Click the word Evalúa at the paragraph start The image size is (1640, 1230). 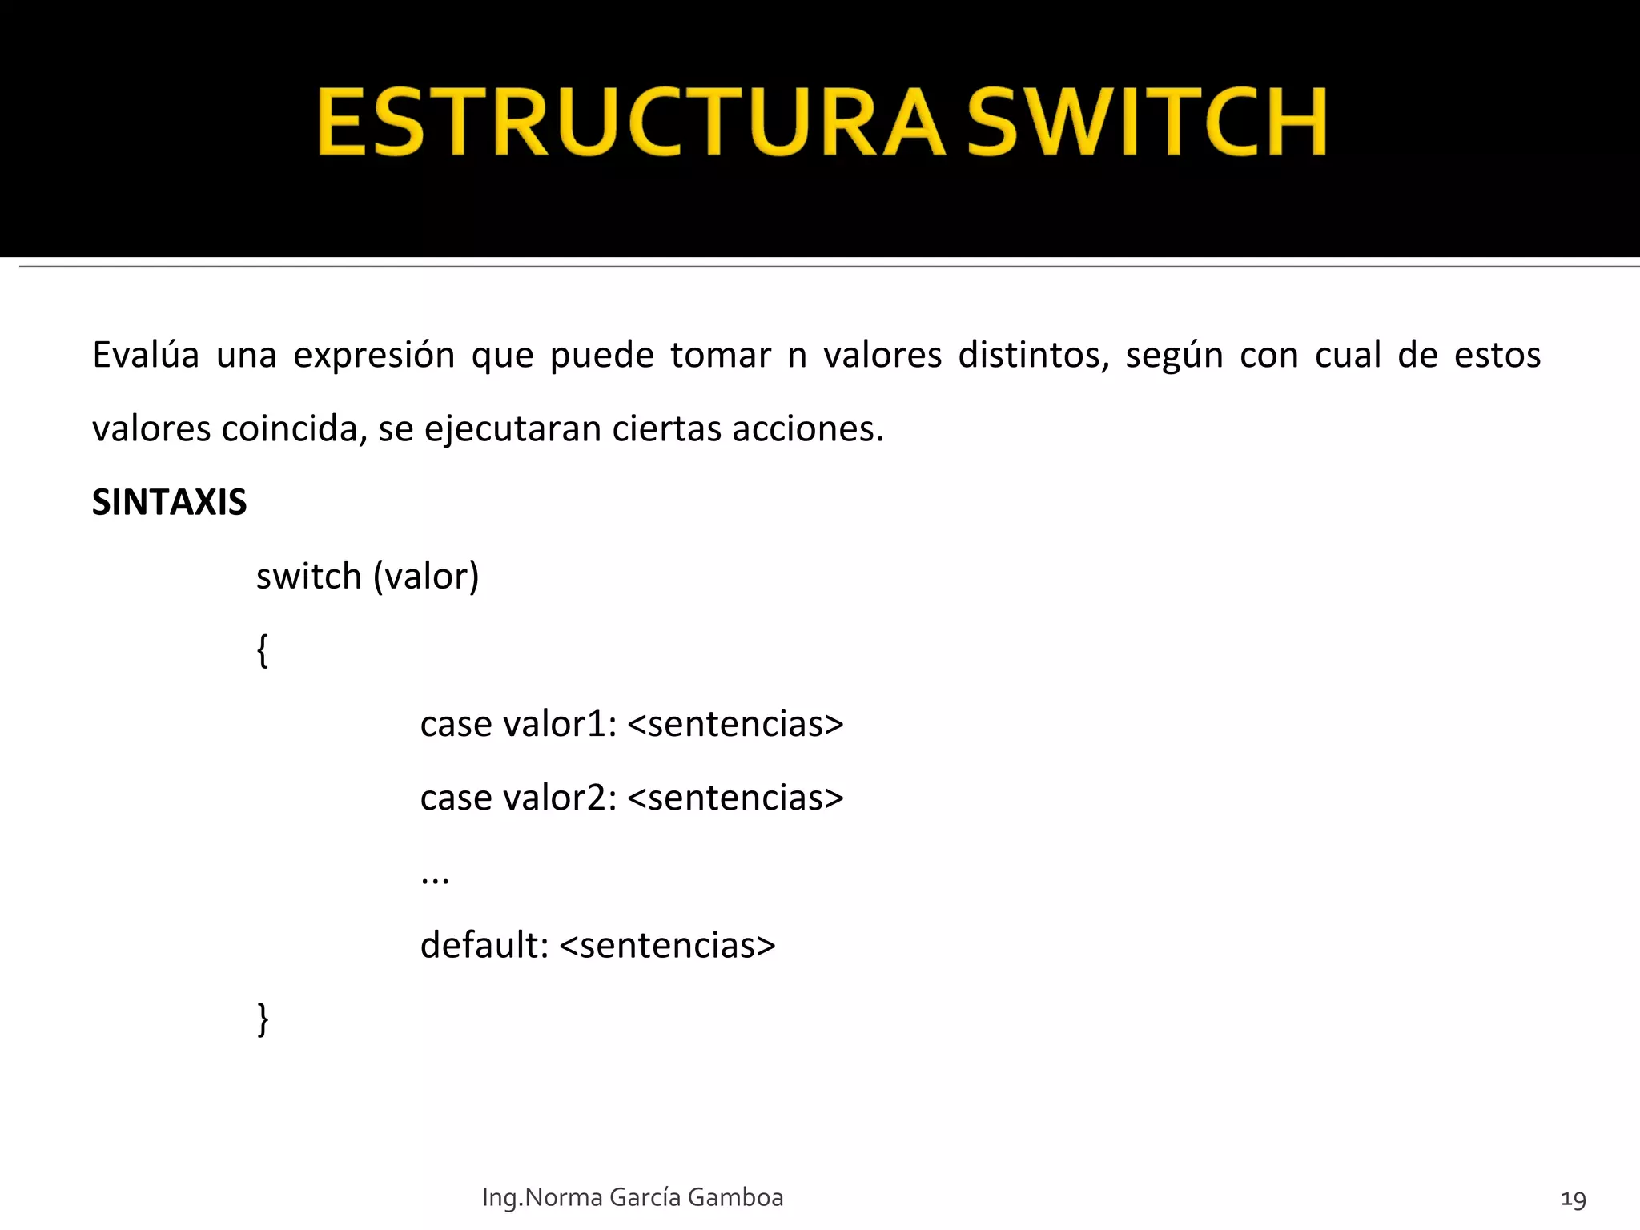145,355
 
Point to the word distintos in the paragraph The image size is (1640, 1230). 1033,355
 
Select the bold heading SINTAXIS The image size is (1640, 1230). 169,503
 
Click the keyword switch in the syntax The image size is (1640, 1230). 308,576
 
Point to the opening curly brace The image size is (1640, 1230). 262,650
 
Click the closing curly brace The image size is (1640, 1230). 262,1019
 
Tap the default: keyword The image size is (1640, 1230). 484,945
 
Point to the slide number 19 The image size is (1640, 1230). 1573,1199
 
